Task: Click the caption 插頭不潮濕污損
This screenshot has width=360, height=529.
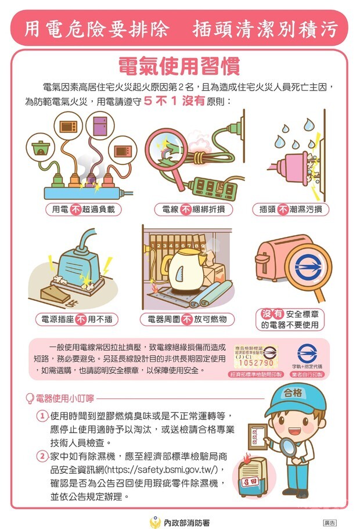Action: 290,210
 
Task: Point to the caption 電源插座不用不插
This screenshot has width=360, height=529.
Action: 75,319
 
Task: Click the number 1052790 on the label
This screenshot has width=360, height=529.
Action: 257,363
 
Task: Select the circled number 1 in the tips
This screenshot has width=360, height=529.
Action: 42,416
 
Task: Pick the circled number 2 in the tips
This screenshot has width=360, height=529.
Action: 42,456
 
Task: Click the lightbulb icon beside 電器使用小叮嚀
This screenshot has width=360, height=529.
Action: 30,399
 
